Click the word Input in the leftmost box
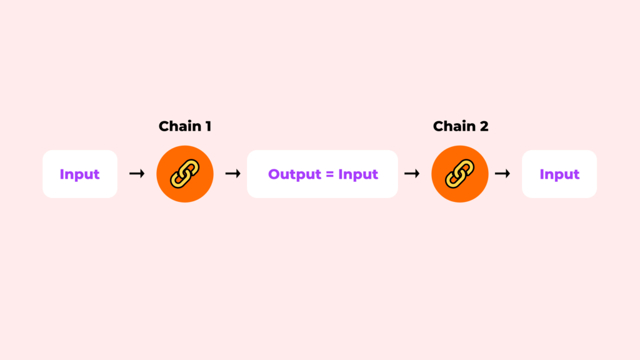pos(79,175)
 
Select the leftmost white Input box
pos(80,174)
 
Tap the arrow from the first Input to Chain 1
pos(137,174)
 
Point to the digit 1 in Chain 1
pos(208,126)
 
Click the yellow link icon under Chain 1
pos(185,174)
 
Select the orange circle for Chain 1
pos(185,174)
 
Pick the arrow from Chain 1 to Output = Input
pos(233,174)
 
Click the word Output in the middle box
pos(295,175)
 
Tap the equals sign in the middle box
pos(330,175)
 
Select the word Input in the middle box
pos(358,175)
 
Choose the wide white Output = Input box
pos(322,174)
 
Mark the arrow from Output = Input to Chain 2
pos(412,174)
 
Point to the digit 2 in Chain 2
pos(484,126)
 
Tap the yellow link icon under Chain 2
pos(460,174)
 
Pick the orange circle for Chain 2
pos(460,174)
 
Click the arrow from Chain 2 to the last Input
pos(502,174)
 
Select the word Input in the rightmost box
pos(559,175)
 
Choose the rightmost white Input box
pos(559,174)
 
